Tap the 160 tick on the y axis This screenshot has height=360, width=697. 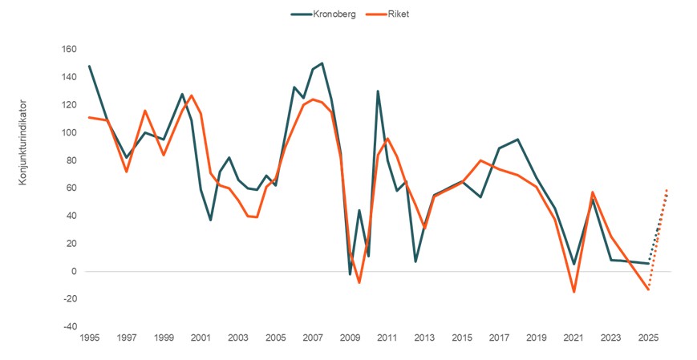pos(69,49)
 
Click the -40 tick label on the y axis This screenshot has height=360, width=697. pos(69,327)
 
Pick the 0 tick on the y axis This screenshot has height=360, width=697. pos(74,272)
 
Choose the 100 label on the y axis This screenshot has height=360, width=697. pos(69,132)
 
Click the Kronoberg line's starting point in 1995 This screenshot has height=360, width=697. pos(89,66)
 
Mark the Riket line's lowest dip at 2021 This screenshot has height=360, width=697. pos(573,292)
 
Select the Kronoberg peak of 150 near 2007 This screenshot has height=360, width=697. pos(322,63)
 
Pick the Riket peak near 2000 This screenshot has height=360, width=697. pos(192,95)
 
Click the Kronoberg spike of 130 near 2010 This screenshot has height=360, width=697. pos(378,91)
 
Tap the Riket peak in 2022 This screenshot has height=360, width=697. pos(592,192)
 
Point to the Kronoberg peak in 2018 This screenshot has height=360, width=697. pos(517,140)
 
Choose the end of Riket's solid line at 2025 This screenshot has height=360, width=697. pos(648,289)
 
